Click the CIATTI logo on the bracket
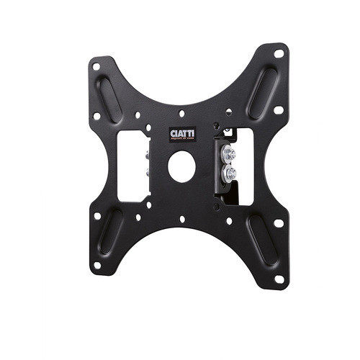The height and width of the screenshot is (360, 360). [x=181, y=135]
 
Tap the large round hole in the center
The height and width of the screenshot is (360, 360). [x=181, y=166]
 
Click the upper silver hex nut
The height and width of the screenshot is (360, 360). [x=230, y=153]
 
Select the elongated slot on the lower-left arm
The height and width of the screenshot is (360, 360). [x=110, y=232]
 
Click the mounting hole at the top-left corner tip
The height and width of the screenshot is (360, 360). [x=96, y=67]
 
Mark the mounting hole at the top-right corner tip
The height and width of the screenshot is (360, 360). [x=279, y=53]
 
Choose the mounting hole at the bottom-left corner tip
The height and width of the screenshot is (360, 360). [x=96, y=264]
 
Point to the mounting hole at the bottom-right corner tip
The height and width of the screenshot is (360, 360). [x=278, y=278]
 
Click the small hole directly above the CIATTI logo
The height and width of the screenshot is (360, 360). [x=181, y=113]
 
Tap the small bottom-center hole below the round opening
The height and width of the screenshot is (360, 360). [x=181, y=219]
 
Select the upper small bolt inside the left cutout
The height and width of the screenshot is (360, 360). [x=147, y=153]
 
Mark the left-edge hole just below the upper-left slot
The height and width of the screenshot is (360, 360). [x=97, y=115]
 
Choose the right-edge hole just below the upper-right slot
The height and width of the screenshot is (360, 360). [x=278, y=110]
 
